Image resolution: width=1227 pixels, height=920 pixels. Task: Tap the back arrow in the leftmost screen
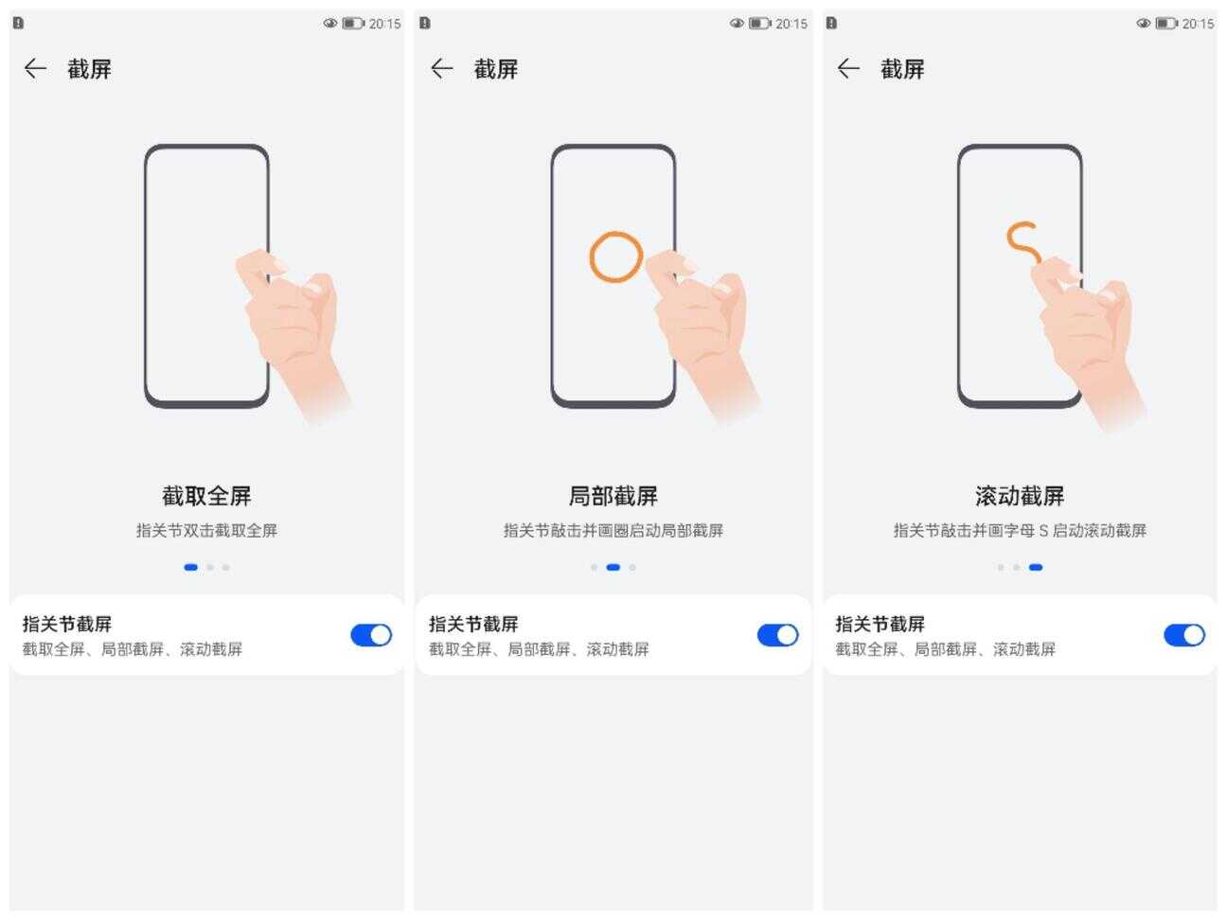[x=35, y=69]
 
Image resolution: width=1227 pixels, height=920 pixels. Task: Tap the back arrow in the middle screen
[x=441, y=69]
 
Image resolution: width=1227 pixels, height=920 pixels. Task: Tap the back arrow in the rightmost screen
[x=848, y=69]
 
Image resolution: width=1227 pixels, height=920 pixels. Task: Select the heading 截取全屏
[x=206, y=496]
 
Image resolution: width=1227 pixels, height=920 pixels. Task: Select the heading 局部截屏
[x=613, y=496]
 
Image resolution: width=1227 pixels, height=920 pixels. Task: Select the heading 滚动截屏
[x=1019, y=496]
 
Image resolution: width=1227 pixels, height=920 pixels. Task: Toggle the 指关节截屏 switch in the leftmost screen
[x=371, y=635]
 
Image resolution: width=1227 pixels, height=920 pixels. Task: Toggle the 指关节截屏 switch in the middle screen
[x=777, y=635]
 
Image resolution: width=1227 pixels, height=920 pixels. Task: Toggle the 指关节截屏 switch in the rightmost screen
[x=1184, y=635]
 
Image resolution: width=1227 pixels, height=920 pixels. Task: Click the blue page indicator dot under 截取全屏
[x=190, y=568]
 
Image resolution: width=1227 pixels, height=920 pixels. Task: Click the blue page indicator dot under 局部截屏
[x=613, y=568]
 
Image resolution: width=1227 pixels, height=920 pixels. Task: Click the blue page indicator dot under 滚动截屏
[x=1035, y=568]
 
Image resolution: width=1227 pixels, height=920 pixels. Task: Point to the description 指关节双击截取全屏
[x=206, y=530]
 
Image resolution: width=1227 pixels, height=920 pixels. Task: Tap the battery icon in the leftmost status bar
[x=353, y=24]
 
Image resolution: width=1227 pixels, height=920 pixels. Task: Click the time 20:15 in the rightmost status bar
[x=1198, y=24]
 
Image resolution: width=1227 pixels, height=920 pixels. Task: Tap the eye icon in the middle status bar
[x=737, y=23]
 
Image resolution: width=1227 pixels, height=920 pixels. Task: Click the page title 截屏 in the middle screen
[x=496, y=69]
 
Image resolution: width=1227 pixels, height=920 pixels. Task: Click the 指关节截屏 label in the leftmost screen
[x=67, y=624]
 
